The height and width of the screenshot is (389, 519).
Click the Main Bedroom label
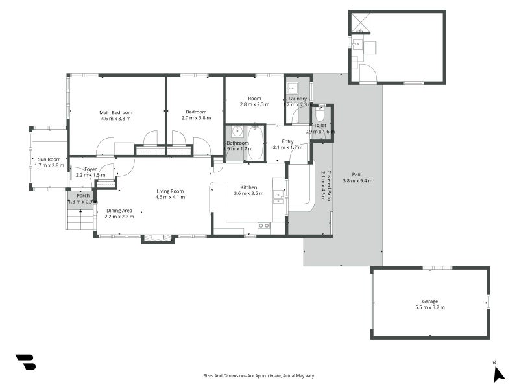pos(115,112)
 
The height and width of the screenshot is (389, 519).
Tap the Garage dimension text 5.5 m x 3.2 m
pos(429,307)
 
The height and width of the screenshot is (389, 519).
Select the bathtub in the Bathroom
pos(256,144)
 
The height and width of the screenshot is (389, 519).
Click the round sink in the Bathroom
pos(237,131)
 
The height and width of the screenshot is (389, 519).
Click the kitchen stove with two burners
pos(264,226)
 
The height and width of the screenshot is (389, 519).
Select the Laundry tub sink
pos(293,88)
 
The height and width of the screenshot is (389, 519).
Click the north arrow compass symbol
pos(498,373)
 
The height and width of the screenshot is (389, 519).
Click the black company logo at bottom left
pos(25,362)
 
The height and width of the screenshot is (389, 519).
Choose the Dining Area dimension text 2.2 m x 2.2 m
pos(119,217)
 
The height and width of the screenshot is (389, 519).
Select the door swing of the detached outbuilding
pos(367,73)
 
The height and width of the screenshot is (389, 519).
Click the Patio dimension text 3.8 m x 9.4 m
pos(357,180)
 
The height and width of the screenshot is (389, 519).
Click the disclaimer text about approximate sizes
pos(259,375)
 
